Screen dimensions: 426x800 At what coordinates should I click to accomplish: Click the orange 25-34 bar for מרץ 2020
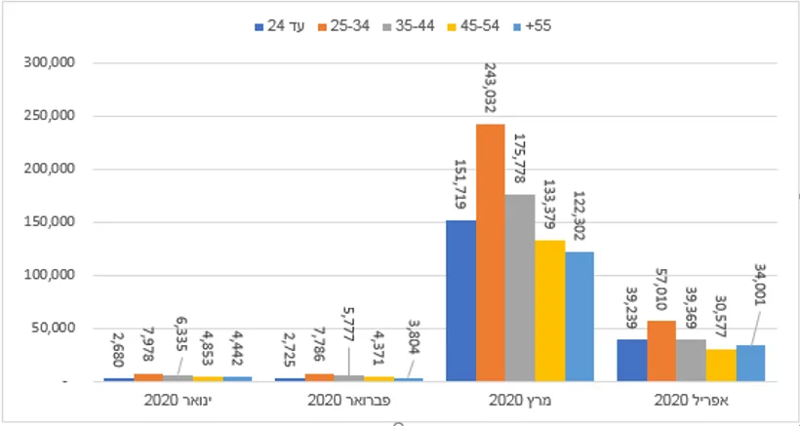491,252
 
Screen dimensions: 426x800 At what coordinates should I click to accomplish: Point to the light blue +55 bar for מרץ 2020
579,316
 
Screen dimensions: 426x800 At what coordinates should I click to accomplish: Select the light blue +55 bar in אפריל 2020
750,363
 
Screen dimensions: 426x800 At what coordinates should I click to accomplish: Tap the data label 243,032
490,92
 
